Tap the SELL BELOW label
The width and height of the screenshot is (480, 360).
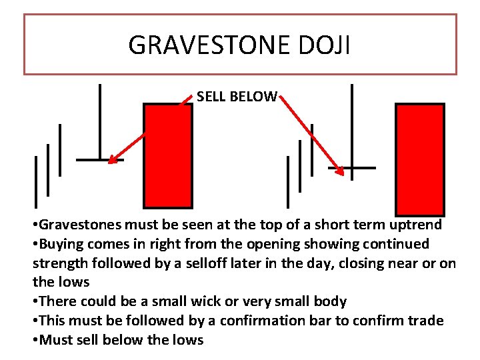pyautogui.click(x=237, y=97)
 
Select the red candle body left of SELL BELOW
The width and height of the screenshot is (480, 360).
pyautogui.click(x=168, y=155)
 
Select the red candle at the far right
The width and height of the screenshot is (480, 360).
pyautogui.click(x=420, y=159)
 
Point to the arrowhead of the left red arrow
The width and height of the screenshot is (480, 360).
pyautogui.click(x=112, y=160)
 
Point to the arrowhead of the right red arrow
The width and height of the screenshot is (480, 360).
pyautogui.click(x=343, y=172)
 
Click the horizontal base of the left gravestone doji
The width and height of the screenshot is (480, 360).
pyautogui.click(x=99, y=160)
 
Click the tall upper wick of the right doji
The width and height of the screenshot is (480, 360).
pyautogui.click(x=352, y=123)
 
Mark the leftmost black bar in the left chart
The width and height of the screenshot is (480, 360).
pyautogui.click(x=36, y=181)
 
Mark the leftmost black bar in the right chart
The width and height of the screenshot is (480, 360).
pyautogui.click(x=288, y=181)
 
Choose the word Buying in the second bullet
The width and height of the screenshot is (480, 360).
pyautogui.click(x=63, y=244)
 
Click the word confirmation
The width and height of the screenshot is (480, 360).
pyautogui.click(x=263, y=321)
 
